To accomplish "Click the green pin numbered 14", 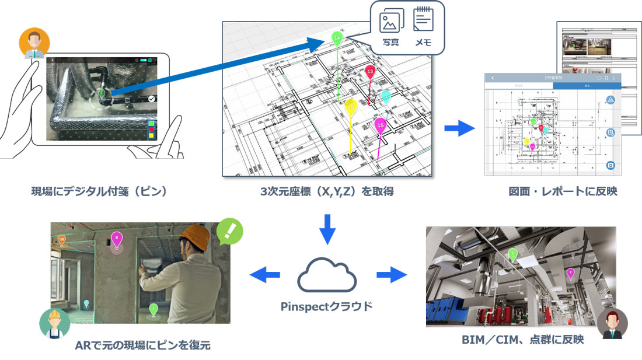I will pos(337,38).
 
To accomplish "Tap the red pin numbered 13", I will pos(370,71).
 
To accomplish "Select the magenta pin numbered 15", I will pos(381,124).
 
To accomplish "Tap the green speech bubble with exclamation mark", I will pos(230,231).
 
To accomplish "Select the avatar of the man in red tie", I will pos(612,324).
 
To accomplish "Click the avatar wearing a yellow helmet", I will pos(54,323).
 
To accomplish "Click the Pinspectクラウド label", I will pos(327,306).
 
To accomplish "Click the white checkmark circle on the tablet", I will pos(152,99).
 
